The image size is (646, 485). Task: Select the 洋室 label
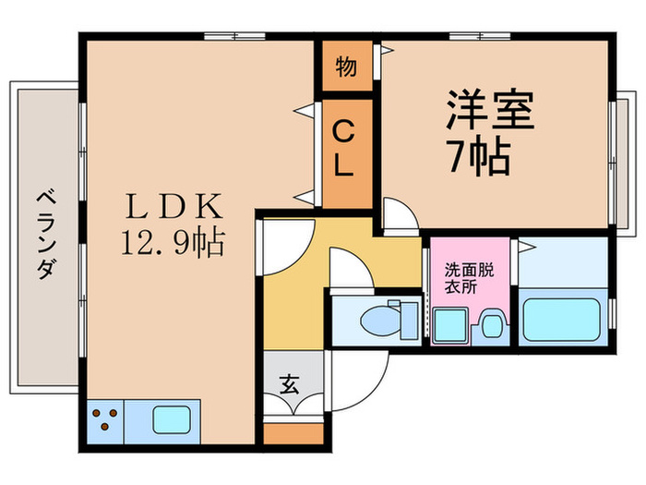(x=490, y=114)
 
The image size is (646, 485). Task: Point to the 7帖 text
(x=479, y=159)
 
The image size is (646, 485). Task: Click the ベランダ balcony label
(x=43, y=236)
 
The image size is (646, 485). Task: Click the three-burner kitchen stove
(x=107, y=420)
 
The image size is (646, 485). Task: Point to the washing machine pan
(x=449, y=324)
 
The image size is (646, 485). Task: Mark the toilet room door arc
(x=348, y=273)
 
